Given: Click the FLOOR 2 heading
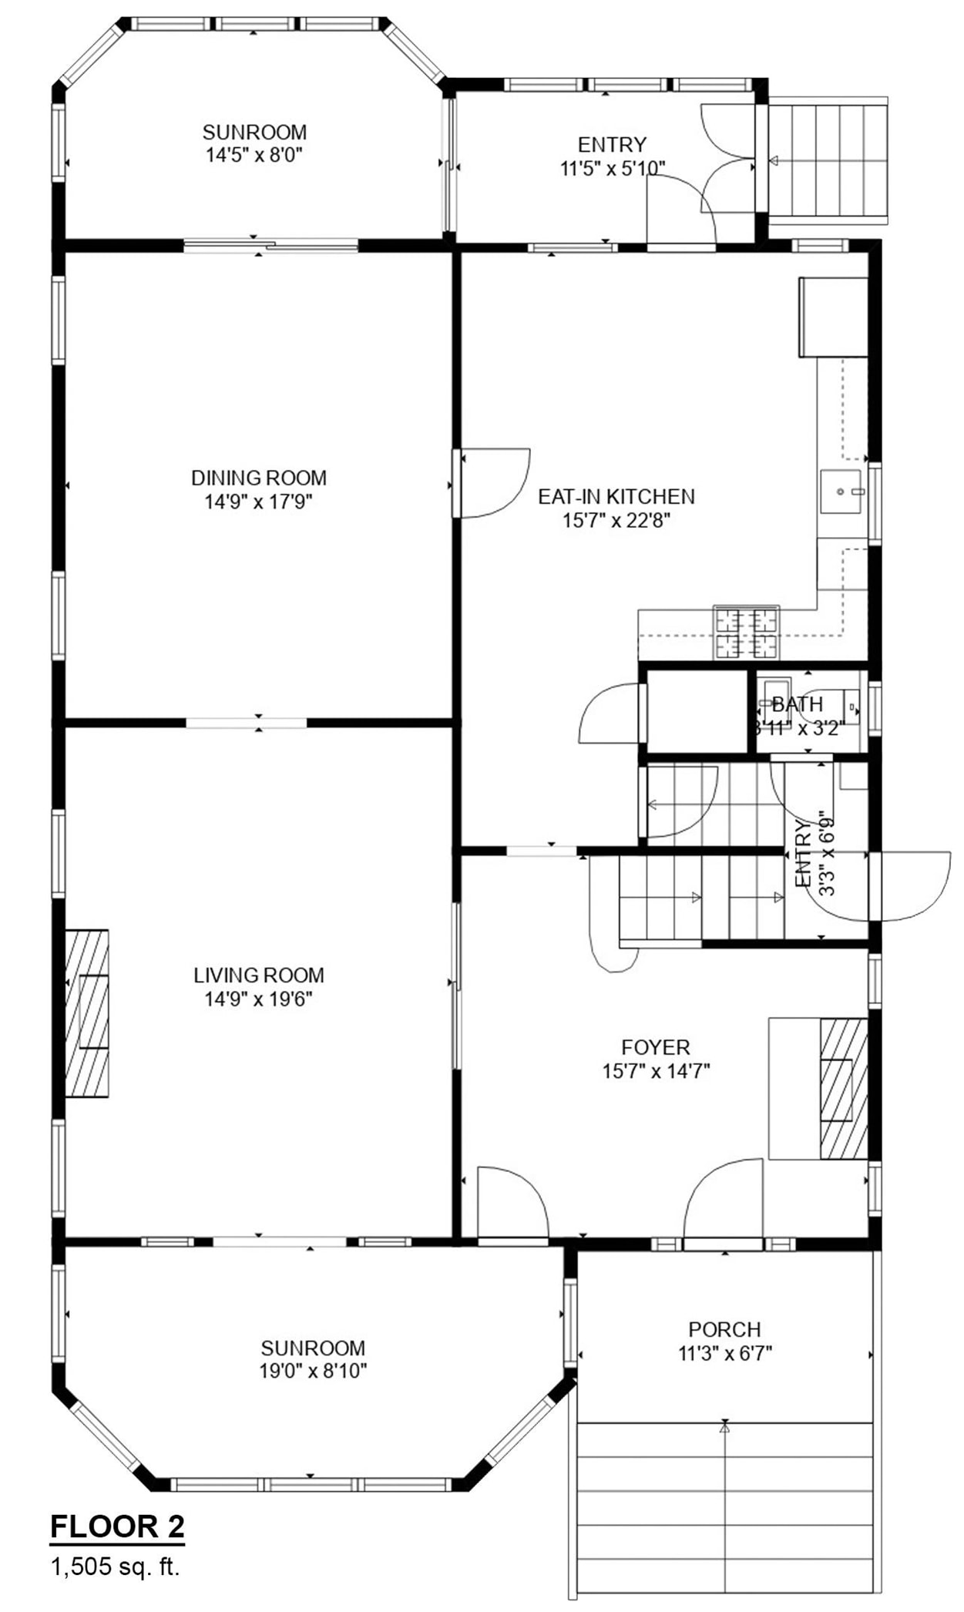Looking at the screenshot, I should pos(117,1526).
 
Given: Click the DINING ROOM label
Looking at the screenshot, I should pos(259,478).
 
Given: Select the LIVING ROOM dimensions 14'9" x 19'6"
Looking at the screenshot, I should pos(258,999).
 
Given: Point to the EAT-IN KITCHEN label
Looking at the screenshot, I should pos(616,496).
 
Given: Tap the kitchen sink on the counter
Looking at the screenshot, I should pos(840,491).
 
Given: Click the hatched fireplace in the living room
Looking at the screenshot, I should pos(87,1013).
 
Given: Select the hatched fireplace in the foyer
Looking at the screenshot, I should pos(843,1089).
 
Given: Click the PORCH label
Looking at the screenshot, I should pos(724,1329).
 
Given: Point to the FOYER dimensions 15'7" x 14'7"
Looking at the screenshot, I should pos(656,1071).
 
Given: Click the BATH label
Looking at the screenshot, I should pos(798,704).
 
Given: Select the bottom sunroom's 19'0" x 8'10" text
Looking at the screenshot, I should pos(313,1371).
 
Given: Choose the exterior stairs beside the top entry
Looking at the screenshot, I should pos(828,161).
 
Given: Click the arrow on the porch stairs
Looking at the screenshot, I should pos(724,1427).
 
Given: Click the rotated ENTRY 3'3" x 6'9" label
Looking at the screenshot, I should pos(815,854).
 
